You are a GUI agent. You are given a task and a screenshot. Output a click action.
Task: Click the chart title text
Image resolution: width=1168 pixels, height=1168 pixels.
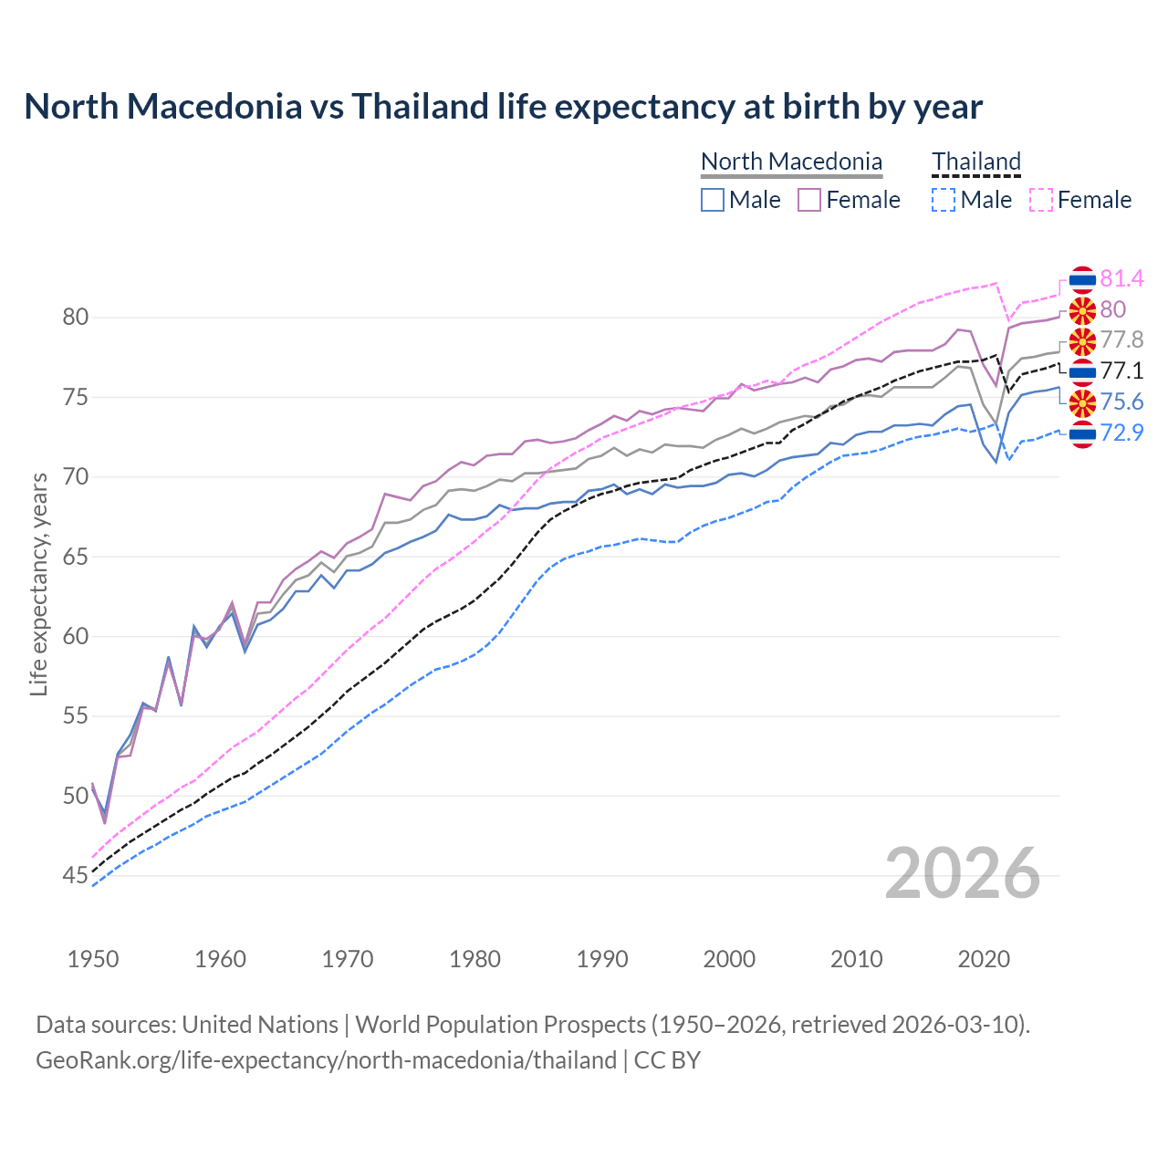[503, 107]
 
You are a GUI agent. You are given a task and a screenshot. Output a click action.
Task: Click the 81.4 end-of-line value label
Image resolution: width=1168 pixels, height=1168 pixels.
[1121, 278]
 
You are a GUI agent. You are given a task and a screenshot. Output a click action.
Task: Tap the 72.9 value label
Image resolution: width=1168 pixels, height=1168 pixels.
[1121, 433]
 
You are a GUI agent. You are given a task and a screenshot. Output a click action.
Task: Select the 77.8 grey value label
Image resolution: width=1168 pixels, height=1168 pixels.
[1121, 339]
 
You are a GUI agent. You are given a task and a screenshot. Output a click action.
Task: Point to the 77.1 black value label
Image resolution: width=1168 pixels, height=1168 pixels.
[1121, 370]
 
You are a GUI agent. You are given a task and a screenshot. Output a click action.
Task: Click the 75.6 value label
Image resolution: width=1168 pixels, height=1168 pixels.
[1121, 401]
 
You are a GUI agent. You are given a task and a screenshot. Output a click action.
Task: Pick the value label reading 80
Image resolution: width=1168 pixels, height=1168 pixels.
[1112, 309]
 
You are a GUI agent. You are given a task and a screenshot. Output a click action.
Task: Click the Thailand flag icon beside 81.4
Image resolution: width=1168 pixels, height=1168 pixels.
[1082, 279]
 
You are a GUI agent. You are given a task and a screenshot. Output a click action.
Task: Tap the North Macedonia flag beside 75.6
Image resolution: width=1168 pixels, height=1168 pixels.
[1082, 402]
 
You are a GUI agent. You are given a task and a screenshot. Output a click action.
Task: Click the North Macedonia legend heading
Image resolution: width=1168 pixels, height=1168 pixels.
[791, 162]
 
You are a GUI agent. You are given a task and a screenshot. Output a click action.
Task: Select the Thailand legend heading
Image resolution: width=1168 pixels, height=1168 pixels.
[975, 162]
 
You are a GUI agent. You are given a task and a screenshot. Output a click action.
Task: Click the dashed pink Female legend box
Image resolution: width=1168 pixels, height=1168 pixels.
[1041, 200]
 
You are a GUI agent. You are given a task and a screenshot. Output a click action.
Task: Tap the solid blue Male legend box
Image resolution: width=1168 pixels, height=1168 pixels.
[713, 200]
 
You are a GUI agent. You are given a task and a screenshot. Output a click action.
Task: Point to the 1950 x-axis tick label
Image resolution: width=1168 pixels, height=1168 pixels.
[93, 959]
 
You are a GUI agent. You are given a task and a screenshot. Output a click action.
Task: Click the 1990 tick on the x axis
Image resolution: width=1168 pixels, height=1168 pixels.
[602, 959]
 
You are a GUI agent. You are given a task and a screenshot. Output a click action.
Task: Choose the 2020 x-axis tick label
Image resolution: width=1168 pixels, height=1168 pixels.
[984, 959]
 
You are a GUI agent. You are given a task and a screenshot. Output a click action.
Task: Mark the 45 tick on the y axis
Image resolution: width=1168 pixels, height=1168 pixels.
[75, 876]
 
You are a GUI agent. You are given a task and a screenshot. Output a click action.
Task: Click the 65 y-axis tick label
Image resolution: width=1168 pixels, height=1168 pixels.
[75, 557]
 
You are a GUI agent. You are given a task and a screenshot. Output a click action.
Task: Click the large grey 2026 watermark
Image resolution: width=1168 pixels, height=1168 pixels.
[962, 873]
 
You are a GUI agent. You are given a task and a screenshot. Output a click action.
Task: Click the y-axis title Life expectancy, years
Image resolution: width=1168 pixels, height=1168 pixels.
[38, 584]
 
